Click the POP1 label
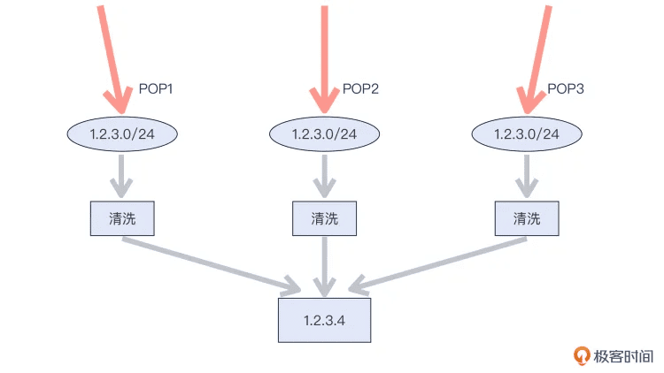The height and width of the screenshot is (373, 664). [x=156, y=88]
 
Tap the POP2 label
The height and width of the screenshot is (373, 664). [x=360, y=88]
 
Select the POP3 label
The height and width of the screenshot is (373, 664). [x=566, y=88]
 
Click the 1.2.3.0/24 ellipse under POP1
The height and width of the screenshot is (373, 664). [x=122, y=134]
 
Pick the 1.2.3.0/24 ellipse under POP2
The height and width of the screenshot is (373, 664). [x=324, y=134]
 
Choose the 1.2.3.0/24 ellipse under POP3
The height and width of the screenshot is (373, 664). [x=527, y=134]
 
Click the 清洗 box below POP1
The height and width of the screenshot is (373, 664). [x=122, y=218]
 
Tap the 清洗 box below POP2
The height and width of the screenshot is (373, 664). [x=324, y=218]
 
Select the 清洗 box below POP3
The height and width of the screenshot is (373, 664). [x=527, y=218]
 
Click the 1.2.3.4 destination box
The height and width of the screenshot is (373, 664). [x=324, y=320]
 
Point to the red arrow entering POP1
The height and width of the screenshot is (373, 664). [x=112, y=59]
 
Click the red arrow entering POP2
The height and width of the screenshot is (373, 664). [x=324, y=59]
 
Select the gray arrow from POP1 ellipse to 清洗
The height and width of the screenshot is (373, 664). [x=121, y=176]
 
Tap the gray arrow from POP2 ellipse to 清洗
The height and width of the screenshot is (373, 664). [x=324, y=176]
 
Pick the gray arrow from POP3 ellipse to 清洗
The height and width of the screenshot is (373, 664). [x=527, y=176]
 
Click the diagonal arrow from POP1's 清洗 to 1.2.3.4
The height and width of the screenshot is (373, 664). [x=211, y=265]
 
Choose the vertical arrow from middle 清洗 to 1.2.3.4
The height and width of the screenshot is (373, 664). [x=324, y=266]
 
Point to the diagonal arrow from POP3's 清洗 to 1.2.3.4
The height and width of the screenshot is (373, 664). [x=438, y=265]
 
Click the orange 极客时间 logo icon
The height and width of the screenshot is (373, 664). [x=582, y=355]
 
